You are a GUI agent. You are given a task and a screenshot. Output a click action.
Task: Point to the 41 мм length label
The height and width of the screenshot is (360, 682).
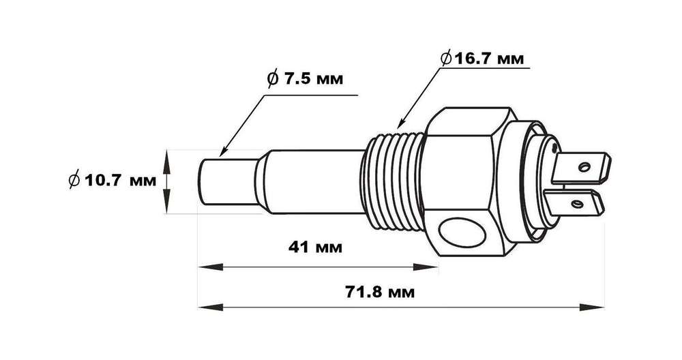point(314,245)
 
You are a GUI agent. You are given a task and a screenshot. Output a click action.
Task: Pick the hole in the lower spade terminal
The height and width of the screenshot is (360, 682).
point(576,203)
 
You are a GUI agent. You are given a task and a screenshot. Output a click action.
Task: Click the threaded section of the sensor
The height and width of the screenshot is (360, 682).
point(394,181)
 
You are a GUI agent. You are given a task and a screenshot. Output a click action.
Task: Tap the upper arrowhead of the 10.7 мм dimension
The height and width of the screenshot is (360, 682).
point(166,155)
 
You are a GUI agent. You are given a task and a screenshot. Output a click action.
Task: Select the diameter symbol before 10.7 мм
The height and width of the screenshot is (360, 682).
point(74,181)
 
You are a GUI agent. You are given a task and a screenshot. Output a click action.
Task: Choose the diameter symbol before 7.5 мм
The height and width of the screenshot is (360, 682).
point(272,79)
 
